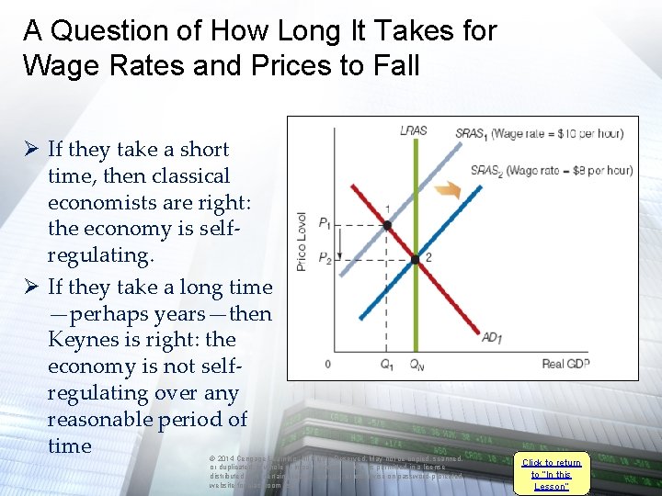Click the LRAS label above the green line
(x=414, y=131)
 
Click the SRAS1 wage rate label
(x=539, y=134)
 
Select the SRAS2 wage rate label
(x=551, y=170)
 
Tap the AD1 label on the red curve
(x=493, y=337)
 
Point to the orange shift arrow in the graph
(x=448, y=190)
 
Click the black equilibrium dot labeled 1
(x=387, y=224)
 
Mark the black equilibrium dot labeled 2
(x=416, y=258)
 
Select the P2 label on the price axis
(x=325, y=258)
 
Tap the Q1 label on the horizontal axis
(x=387, y=365)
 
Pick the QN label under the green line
(x=417, y=365)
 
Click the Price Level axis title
(x=301, y=242)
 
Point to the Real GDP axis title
(x=565, y=365)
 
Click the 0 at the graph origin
(x=326, y=364)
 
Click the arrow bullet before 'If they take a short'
(x=30, y=150)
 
